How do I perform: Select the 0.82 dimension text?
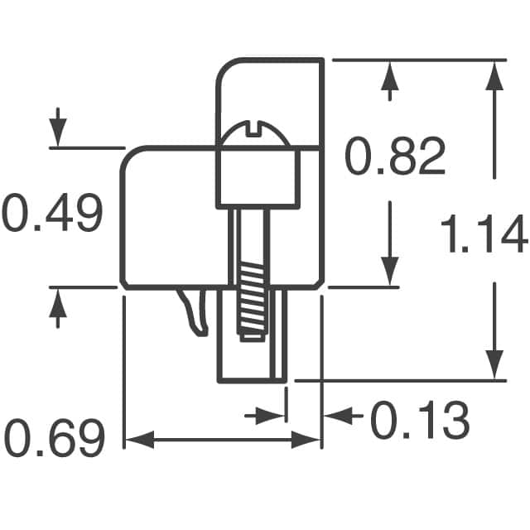(395, 157)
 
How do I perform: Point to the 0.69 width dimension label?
(55, 439)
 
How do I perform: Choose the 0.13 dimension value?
(419, 422)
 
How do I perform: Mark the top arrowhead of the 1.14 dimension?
(494, 76)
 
